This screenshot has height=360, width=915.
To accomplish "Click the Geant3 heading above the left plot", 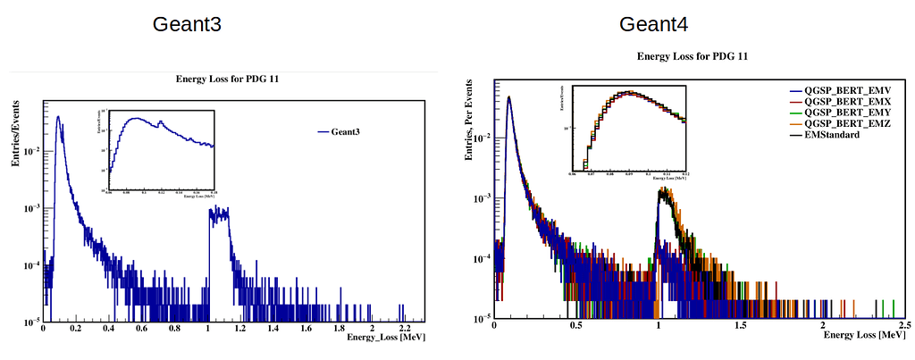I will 187,24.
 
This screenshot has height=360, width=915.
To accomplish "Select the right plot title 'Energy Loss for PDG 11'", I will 692,56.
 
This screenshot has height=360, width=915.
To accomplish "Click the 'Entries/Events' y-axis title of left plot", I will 15,135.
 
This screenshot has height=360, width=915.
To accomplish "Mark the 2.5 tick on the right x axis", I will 902,328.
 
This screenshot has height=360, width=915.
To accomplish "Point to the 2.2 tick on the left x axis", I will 405,330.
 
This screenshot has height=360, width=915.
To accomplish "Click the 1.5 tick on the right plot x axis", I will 739,328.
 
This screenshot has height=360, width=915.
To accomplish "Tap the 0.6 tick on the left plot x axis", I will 142,330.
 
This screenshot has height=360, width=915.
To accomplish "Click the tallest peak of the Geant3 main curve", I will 58,117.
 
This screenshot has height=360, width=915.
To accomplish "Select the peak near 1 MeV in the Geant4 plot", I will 662,190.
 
